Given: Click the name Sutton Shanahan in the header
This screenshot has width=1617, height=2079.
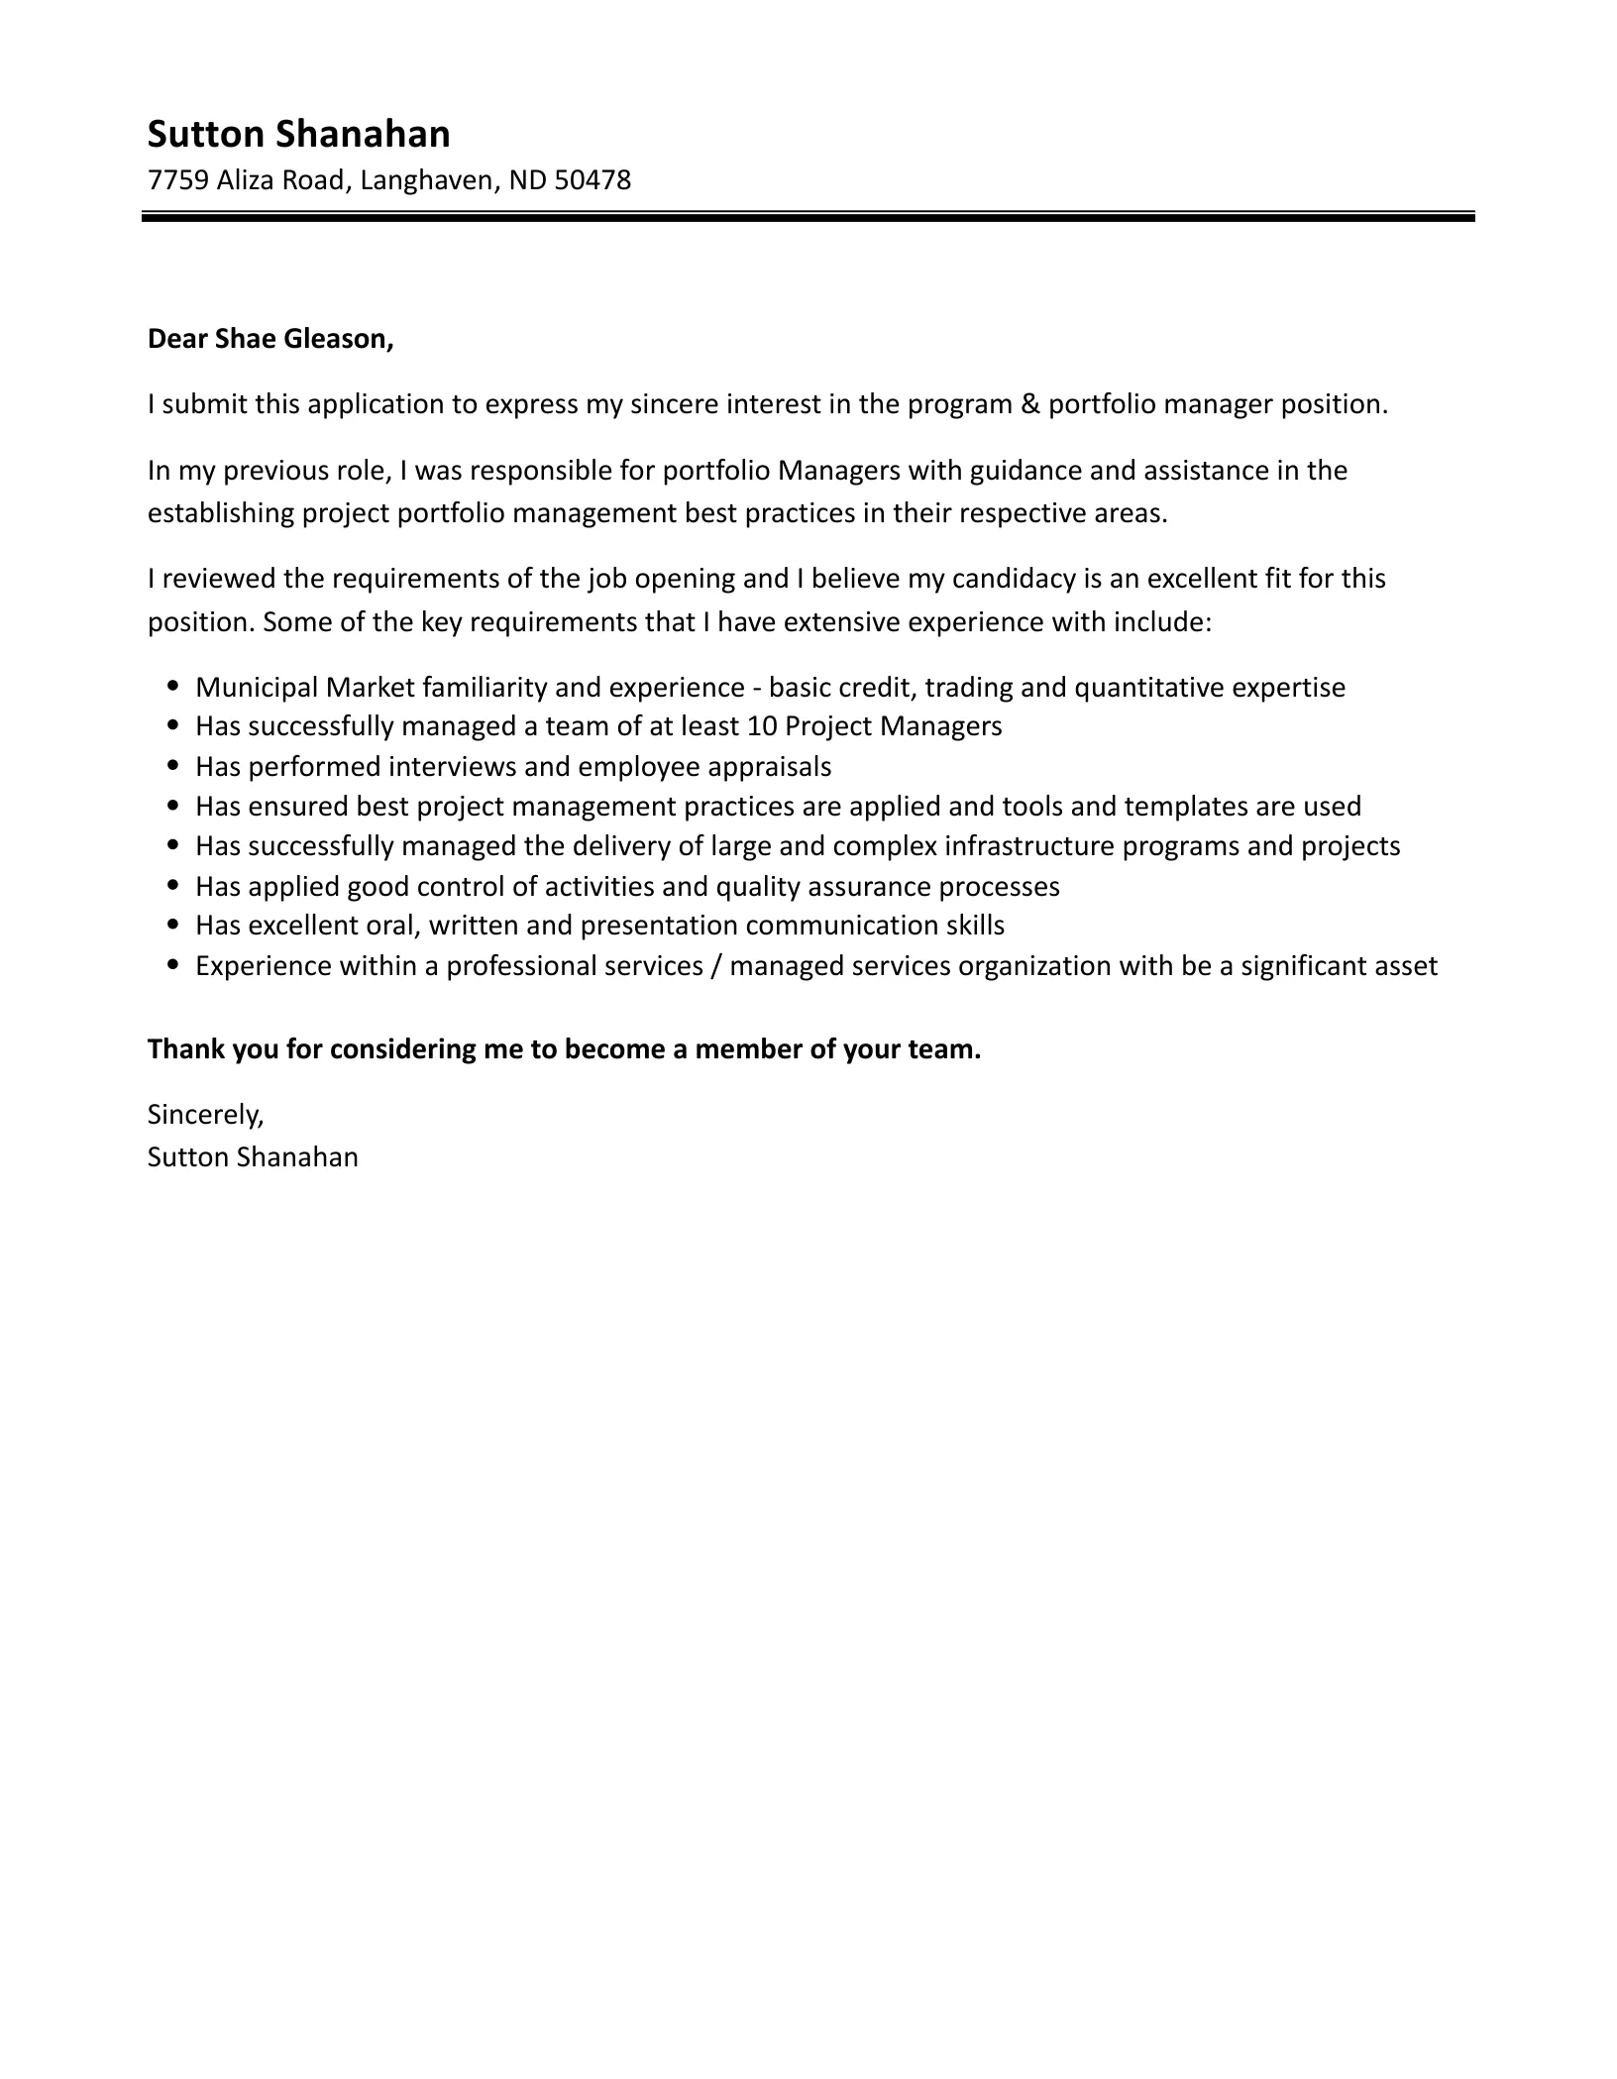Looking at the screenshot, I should [298, 134].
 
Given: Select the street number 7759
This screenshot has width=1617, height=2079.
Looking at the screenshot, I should [177, 180].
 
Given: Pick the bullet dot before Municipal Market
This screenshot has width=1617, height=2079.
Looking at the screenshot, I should [174, 686].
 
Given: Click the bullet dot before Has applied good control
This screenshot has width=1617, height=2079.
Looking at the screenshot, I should [174, 885].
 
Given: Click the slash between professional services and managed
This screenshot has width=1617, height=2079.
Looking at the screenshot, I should [715, 965].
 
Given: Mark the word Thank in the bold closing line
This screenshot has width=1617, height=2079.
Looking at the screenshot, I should [186, 1049].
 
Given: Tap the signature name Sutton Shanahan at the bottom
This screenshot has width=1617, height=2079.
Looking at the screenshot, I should [253, 1157].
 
